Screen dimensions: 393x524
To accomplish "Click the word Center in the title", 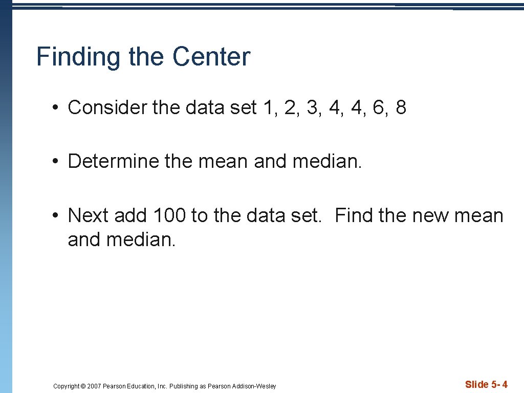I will click(x=211, y=57).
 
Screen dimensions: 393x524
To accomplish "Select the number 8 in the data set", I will click(x=401, y=107).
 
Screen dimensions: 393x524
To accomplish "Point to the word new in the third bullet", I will click(x=428, y=215).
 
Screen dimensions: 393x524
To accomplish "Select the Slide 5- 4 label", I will click(x=486, y=385).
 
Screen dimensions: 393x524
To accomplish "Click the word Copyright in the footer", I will click(x=67, y=386).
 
